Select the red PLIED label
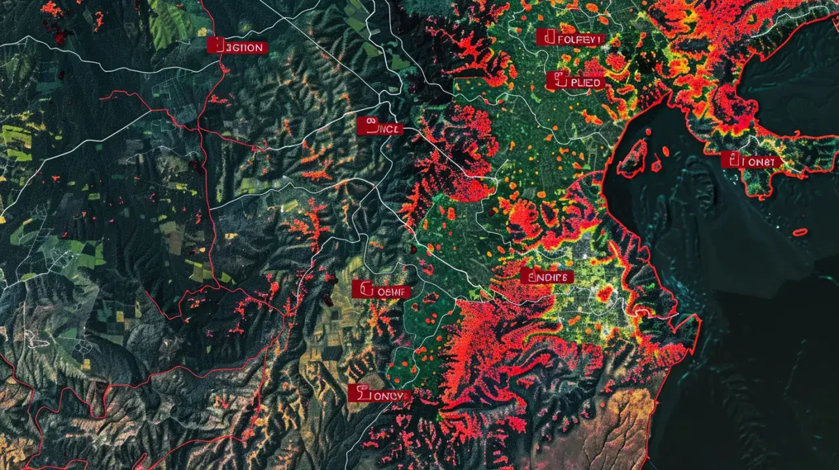pyautogui.click(x=575, y=82)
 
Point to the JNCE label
pyautogui.click(x=380, y=127)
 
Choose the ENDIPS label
pyautogui.click(x=547, y=277)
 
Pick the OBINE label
pyautogui.click(x=381, y=290)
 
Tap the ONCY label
pyautogui.click(x=379, y=394)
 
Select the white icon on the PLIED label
pyautogui.click(x=559, y=81)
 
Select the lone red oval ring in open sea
pyautogui.click(x=800, y=232)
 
